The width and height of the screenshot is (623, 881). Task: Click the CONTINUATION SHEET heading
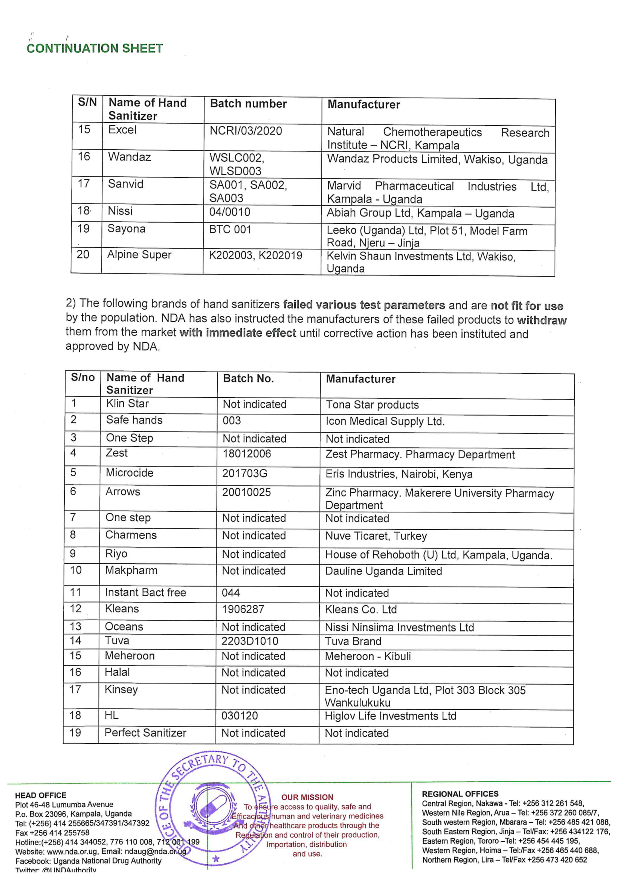[95, 48]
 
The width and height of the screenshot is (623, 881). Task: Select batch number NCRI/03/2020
[246, 131]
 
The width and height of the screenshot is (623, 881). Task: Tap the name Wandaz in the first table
[129, 156]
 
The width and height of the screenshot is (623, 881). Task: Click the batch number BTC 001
[230, 229]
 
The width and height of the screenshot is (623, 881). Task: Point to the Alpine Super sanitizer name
[139, 254]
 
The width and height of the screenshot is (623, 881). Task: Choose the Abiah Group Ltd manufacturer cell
[420, 213]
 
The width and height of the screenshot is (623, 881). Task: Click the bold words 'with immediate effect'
[237, 332]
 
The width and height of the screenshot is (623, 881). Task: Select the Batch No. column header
[248, 379]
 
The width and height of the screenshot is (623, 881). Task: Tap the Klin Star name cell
[127, 403]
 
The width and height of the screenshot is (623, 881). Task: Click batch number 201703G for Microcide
[245, 474]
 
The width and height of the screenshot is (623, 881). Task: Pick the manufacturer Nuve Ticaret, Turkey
[376, 536]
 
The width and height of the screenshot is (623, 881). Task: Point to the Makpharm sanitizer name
[131, 570]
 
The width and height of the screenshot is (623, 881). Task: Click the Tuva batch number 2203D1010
[250, 641]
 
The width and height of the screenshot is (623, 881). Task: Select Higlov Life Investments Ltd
[391, 716]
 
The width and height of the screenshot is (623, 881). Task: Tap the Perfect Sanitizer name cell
[145, 733]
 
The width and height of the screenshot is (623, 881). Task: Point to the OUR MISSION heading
[307, 797]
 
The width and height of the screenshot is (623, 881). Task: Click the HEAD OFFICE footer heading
[41, 795]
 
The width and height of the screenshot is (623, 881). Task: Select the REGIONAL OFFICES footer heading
[460, 794]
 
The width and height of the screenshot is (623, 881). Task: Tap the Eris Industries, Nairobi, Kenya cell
[399, 474]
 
